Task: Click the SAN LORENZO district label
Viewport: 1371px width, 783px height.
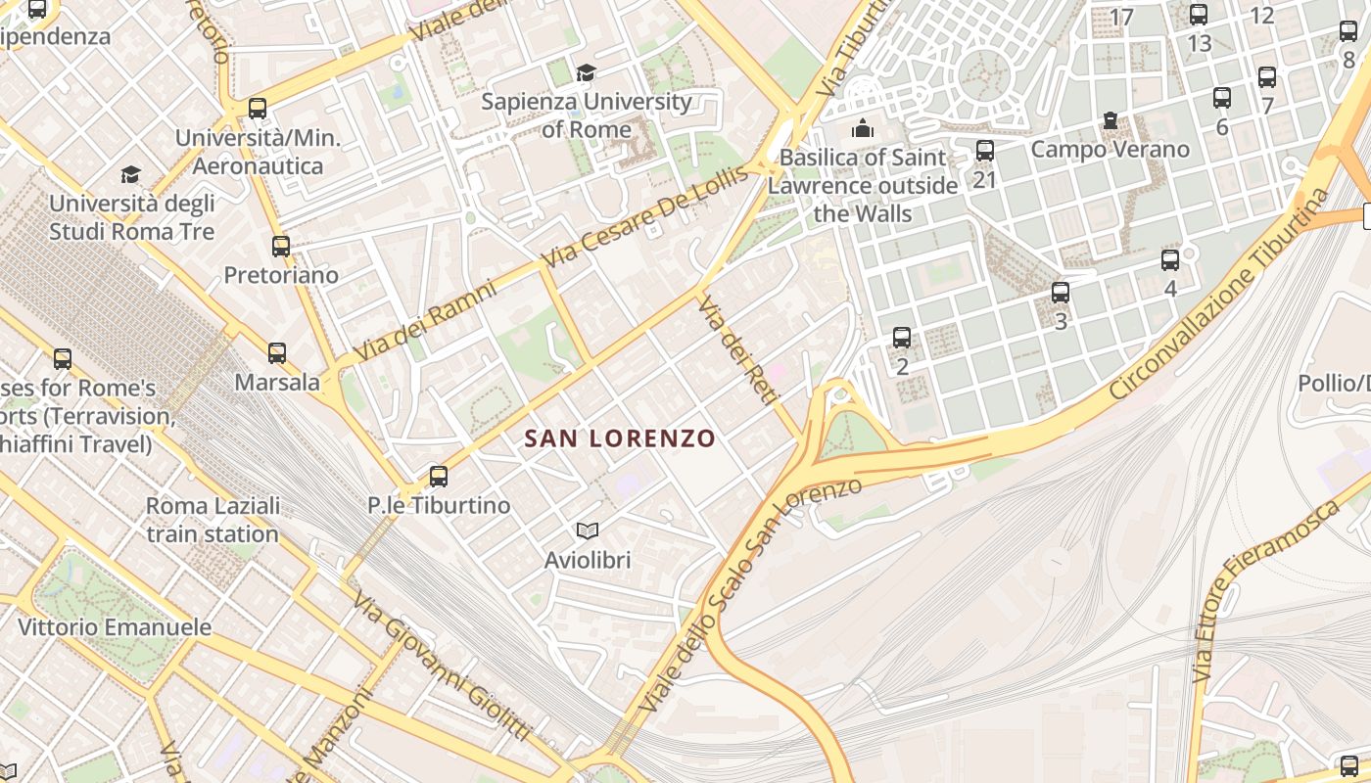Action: pos(620,438)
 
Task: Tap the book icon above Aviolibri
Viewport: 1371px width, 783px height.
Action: pos(588,530)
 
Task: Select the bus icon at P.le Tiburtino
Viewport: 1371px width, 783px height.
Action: pos(439,477)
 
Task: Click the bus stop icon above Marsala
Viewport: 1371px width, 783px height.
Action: pos(277,353)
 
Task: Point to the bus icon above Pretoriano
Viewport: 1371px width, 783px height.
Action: pos(281,247)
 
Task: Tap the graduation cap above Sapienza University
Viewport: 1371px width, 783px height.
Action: pos(586,72)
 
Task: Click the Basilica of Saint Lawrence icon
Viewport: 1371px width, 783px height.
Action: pos(863,128)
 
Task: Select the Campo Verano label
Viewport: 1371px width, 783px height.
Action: pos(1110,150)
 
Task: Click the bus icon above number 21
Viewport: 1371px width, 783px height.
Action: pos(985,151)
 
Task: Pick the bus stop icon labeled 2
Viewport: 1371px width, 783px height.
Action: pos(902,338)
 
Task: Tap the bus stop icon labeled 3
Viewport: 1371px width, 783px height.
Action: pos(1061,292)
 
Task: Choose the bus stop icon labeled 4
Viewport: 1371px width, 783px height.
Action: pos(1170,260)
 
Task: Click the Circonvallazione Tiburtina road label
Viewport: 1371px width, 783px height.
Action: pos(1219,294)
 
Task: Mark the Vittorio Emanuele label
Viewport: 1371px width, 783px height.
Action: pos(115,627)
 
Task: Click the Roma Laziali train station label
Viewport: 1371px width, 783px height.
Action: pos(213,520)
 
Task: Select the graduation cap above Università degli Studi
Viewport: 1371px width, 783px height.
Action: pos(130,175)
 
